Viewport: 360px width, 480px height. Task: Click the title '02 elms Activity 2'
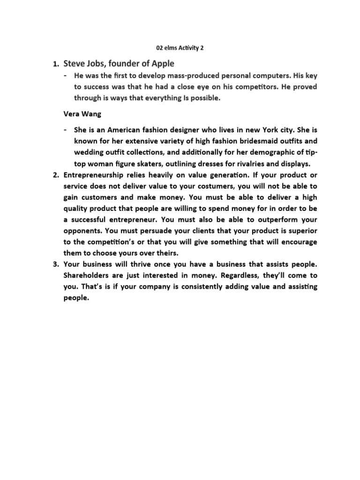pos(180,47)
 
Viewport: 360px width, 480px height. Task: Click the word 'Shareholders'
pos(88,275)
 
